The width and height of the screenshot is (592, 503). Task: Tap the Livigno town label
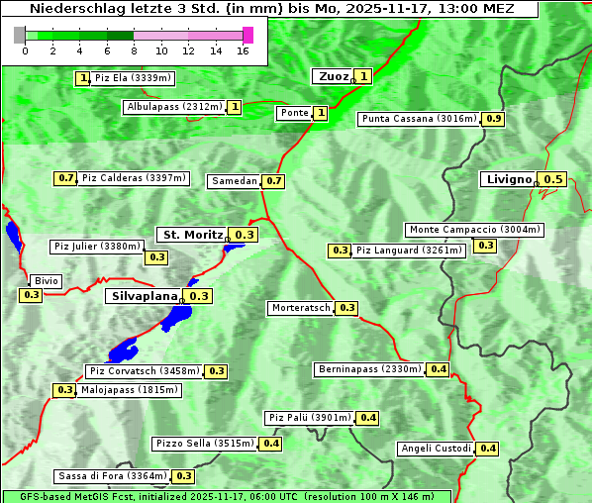[507, 179]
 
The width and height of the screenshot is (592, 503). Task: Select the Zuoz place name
[332, 76]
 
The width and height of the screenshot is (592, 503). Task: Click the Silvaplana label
[144, 296]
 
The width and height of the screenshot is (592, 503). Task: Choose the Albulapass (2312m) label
[173, 107]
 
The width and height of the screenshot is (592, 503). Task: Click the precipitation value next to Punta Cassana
[494, 119]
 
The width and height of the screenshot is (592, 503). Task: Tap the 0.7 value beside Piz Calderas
[66, 178]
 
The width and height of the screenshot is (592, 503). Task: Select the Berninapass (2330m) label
[369, 369]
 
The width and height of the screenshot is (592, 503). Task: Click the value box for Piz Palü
[368, 418]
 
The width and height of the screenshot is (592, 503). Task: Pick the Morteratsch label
[300, 308]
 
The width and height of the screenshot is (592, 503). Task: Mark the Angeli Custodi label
[436, 449]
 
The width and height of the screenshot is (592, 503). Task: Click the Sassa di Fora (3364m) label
[111, 476]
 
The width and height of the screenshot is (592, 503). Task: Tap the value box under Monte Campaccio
[485, 246]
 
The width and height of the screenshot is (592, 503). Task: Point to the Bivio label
[46, 281]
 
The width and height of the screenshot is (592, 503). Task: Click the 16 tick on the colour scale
[243, 50]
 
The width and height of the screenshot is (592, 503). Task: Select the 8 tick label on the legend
[134, 50]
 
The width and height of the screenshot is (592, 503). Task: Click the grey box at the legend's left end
[20, 35]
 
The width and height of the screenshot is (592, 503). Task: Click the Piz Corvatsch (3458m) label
[145, 371]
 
